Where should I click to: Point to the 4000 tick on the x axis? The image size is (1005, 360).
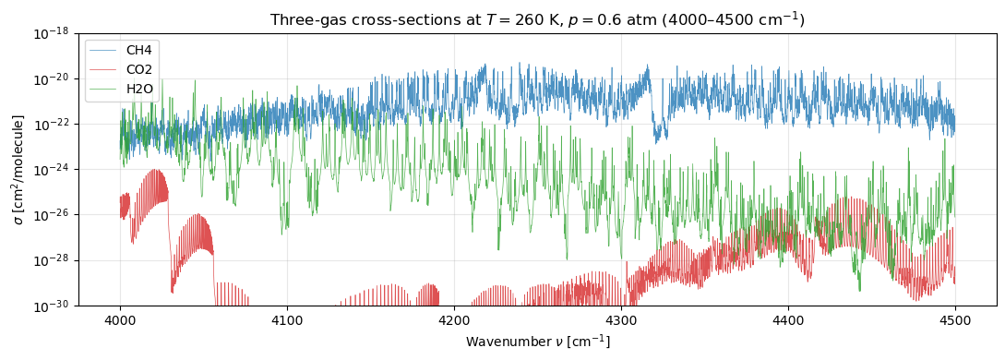tap(120, 319)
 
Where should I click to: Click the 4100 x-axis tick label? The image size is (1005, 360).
tap(287, 319)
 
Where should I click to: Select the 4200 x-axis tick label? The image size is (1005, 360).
tap(454, 319)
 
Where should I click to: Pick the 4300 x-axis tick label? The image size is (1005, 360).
tap(621, 319)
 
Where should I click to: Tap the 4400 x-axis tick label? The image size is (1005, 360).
tap(788, 319)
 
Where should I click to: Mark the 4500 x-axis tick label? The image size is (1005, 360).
tap(955, 319)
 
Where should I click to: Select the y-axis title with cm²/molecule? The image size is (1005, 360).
tap(18, 169)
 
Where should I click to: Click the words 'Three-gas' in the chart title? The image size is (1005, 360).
tap(302, 19)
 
